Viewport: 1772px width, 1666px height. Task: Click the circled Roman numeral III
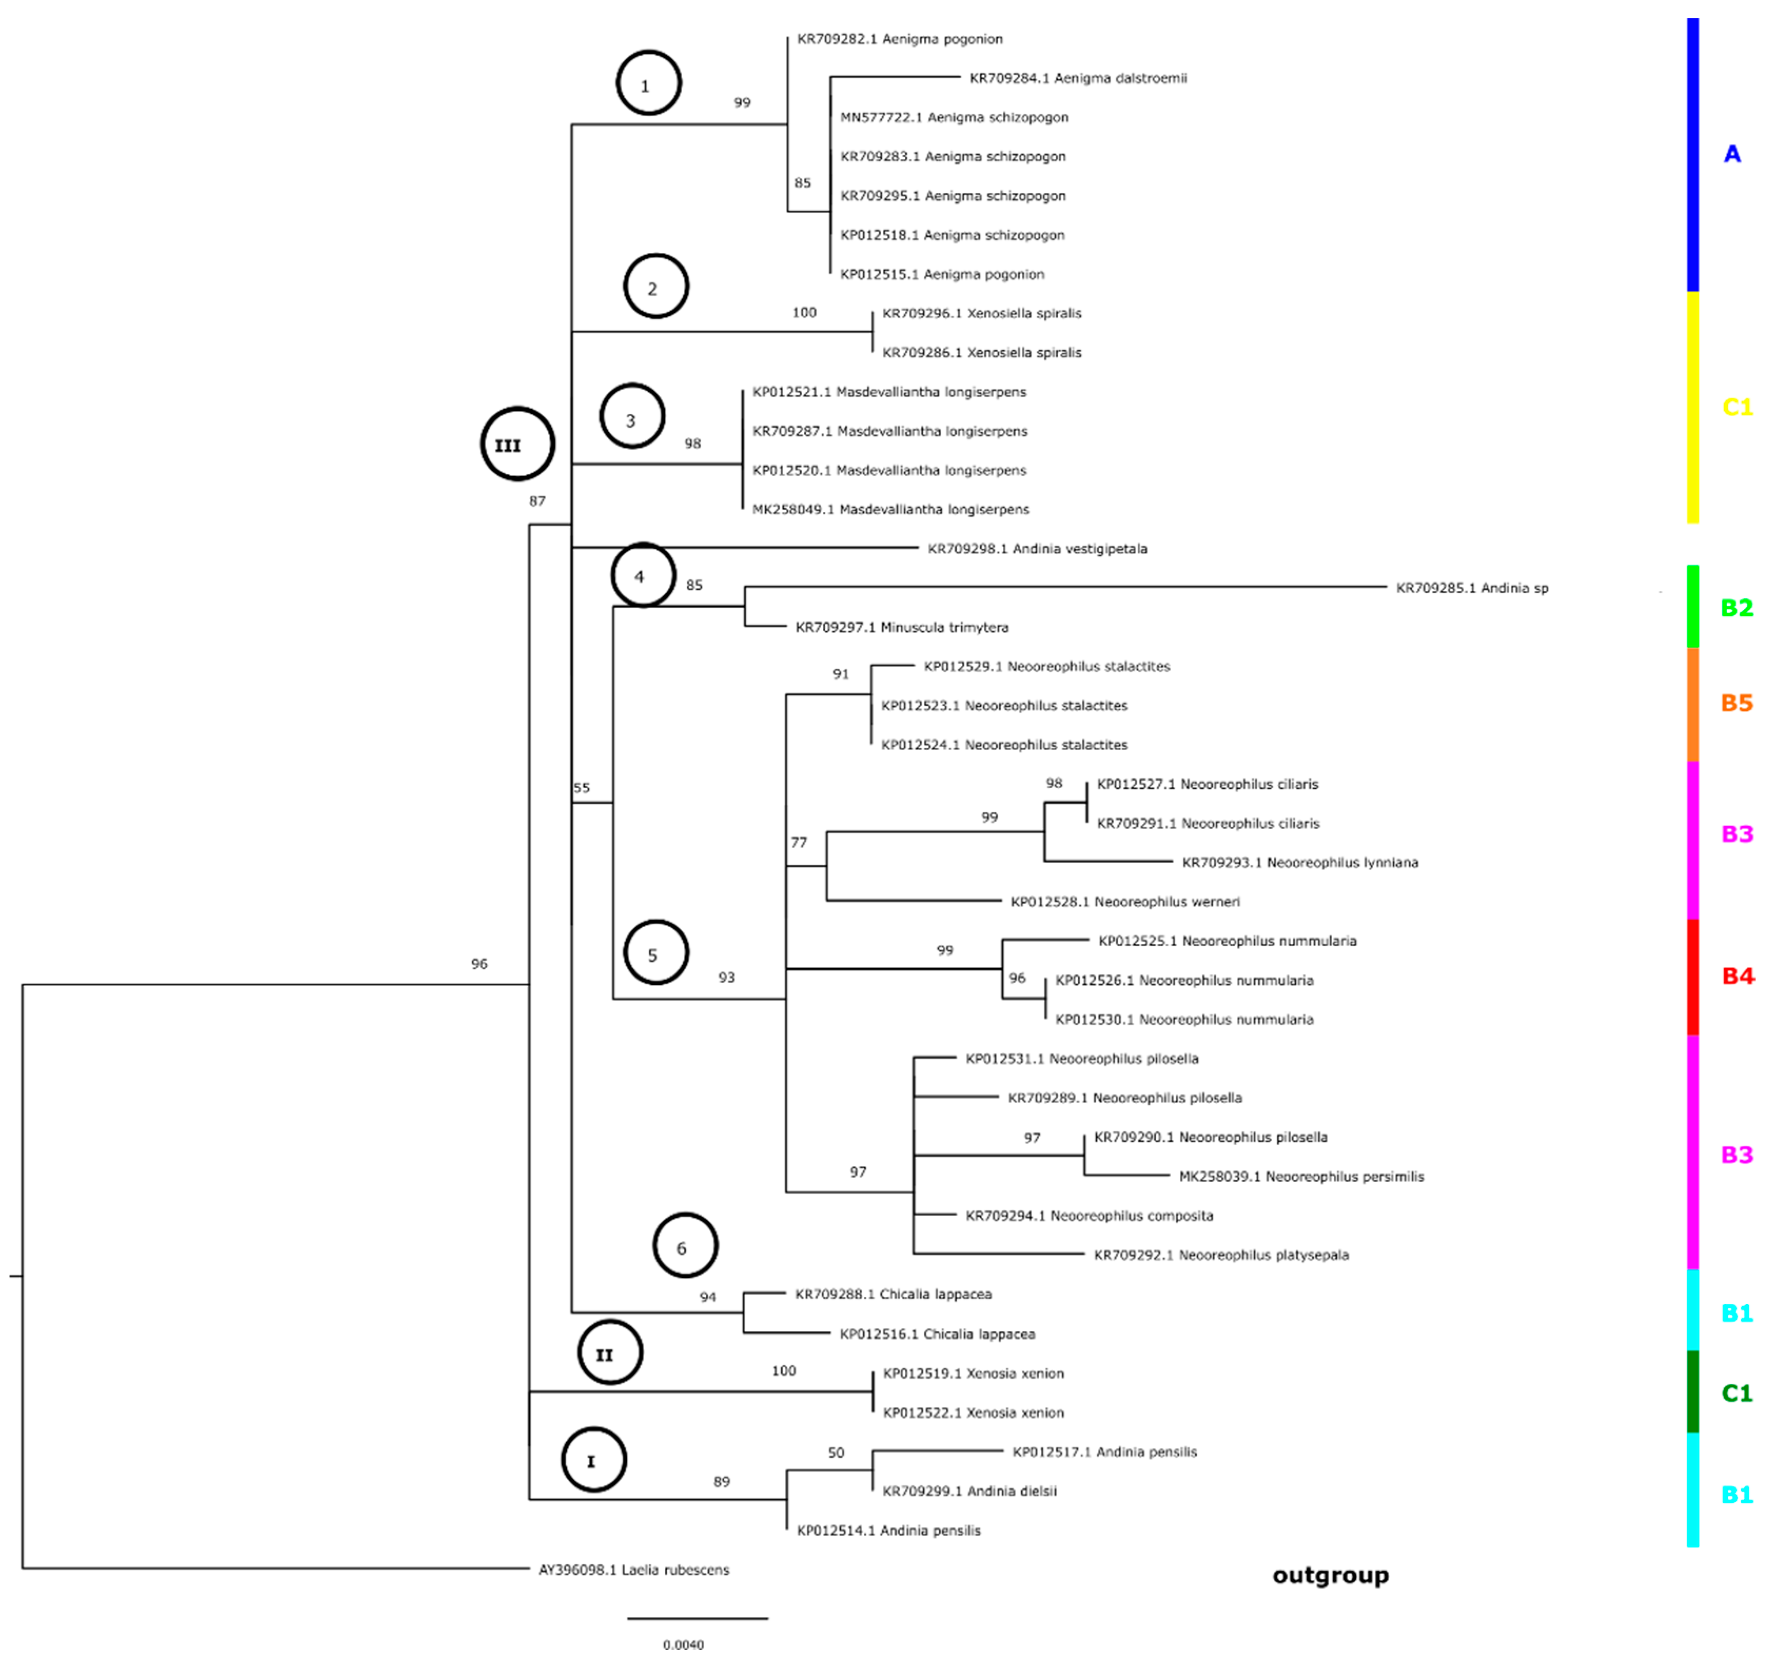pos(517,444)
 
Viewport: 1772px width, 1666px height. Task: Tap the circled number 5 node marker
pos(656,954)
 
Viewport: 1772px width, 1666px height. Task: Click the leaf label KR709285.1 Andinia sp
pos(1472,588)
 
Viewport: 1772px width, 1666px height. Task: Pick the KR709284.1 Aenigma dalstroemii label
pos(1078,78)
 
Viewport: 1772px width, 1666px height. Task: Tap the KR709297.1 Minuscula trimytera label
pos(901,627)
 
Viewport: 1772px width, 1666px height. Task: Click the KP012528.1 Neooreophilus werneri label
pos(1125,902)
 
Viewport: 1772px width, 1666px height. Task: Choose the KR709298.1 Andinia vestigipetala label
pos(1038,549)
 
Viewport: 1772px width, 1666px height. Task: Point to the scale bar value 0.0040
pos(683,1644)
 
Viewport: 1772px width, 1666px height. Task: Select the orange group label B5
pos(1736,703)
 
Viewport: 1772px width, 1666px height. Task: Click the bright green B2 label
pos(1736,608)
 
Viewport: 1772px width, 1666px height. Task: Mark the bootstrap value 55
pos(581,788)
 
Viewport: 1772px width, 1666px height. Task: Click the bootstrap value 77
pos(799,842)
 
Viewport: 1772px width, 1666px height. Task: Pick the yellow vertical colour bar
pos(1692,407)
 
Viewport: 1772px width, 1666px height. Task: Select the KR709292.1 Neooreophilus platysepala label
pos(1221,1255)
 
